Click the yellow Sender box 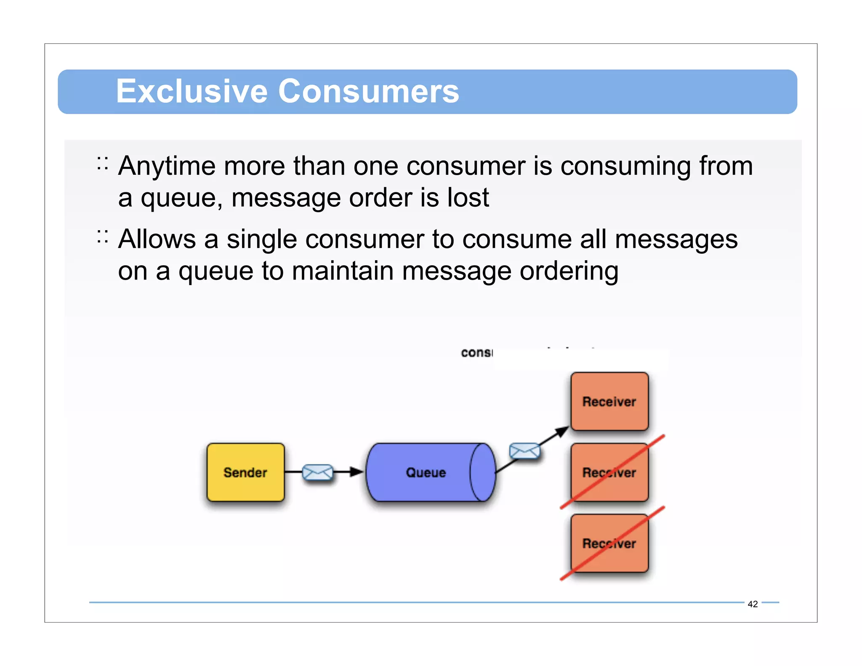[x=245, y=472]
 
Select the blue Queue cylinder [x=426, y=472]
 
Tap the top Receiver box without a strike [x=609, y=401]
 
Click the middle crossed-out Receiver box [x=609, y=472]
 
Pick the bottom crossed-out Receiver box [x=609, y=543]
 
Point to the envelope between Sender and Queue [x=318, y=472]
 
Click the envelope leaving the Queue [x=524, y=451]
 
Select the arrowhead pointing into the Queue [x=357, y=472]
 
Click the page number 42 [x=753, y=604]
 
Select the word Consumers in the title [x=369, y=91]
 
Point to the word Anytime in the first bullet [x=167, y=166]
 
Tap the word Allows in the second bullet [x=157, y=239]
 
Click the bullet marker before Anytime [x=102, y=163]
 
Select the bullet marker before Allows [x=102, y=237]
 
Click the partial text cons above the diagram [x=476, y=353]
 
